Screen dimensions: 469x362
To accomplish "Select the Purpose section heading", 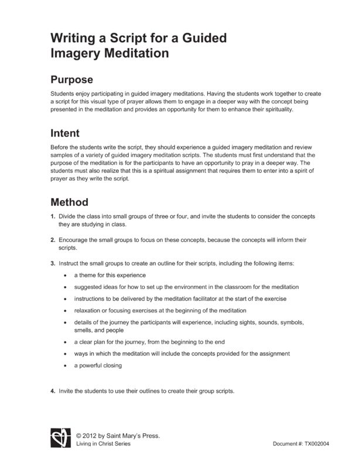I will (x=72, y=80).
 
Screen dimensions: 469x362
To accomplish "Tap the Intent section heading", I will (x=65, y=133).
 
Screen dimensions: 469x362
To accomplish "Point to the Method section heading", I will (x=69, y=203).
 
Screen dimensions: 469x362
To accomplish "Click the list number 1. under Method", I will (x=53, y=217).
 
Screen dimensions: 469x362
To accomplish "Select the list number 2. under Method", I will (x=53, y=240).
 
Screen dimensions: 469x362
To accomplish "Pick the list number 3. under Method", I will (x=53, y=263).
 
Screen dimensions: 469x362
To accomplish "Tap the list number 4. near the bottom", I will (x=53, y=391).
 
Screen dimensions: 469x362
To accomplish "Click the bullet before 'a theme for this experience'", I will (x=64, y=275).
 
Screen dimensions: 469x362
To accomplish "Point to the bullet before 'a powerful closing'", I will (x=64, y=366).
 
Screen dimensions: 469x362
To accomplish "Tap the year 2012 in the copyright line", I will (x=93, y=436).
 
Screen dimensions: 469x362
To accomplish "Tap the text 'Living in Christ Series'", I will (x=104, y=444).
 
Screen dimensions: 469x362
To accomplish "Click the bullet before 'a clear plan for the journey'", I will (x=64, y=342).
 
